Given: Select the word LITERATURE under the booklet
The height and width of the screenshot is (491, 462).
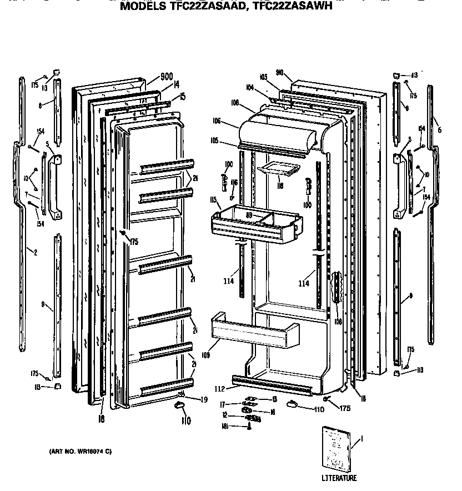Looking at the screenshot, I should tap(339, 478).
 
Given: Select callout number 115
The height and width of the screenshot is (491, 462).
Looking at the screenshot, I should tap(212, 199).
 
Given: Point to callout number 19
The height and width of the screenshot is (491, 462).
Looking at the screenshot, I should tap(204, 399).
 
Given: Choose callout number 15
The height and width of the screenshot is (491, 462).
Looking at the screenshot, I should tap(182, 97).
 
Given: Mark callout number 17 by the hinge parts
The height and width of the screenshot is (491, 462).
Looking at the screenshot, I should tap(237, 404).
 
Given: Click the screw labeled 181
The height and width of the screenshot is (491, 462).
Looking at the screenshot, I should tap(250, 426).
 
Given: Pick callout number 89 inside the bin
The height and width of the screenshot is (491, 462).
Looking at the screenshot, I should tap(249, 214).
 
